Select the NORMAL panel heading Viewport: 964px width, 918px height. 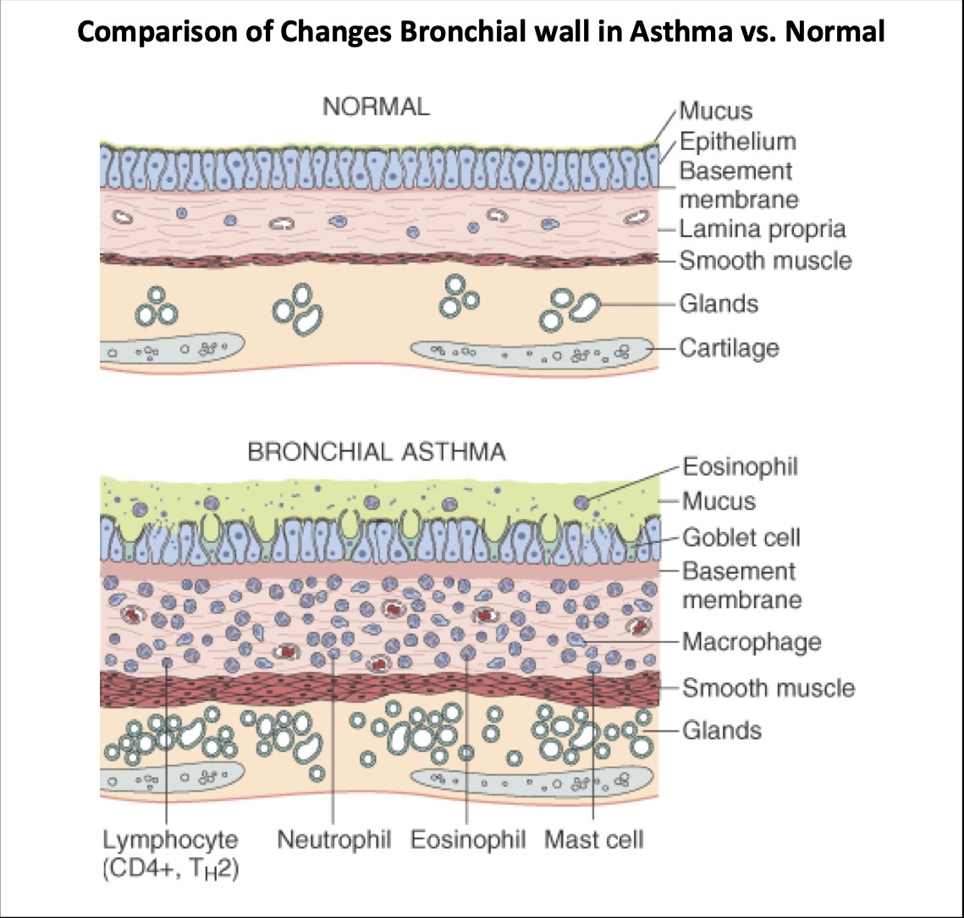coord(376,107)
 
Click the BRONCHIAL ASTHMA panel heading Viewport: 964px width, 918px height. coord(377,452)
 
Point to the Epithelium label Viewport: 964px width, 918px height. coord(737,141)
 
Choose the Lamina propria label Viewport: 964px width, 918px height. coord(763,229)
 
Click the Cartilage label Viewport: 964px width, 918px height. coord(729,347)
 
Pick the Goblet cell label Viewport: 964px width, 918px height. coord(741,537)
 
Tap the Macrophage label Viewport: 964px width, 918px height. coord(752,641)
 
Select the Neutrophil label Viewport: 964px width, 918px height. coord(334,840)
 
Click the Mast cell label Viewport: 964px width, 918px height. coord(593,840)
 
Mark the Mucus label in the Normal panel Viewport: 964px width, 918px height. coord(715,111)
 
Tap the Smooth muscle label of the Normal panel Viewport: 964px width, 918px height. coord(765,260)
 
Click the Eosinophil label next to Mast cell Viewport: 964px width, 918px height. coord(468,840)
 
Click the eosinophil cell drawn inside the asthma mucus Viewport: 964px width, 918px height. coord(581,502)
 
